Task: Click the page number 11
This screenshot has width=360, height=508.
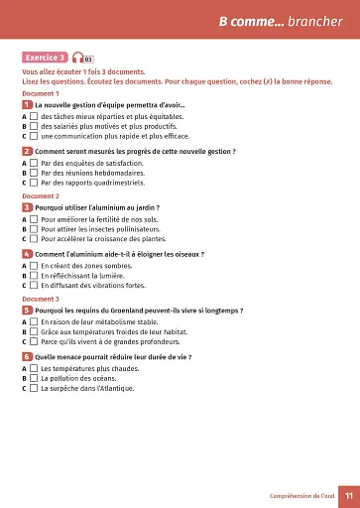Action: (347, 496)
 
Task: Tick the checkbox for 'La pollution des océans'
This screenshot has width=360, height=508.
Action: (34, 378)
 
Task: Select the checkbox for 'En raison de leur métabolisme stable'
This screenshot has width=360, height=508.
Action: (34, 322)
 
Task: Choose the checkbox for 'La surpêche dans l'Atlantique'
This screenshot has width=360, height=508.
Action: (34, 389)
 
